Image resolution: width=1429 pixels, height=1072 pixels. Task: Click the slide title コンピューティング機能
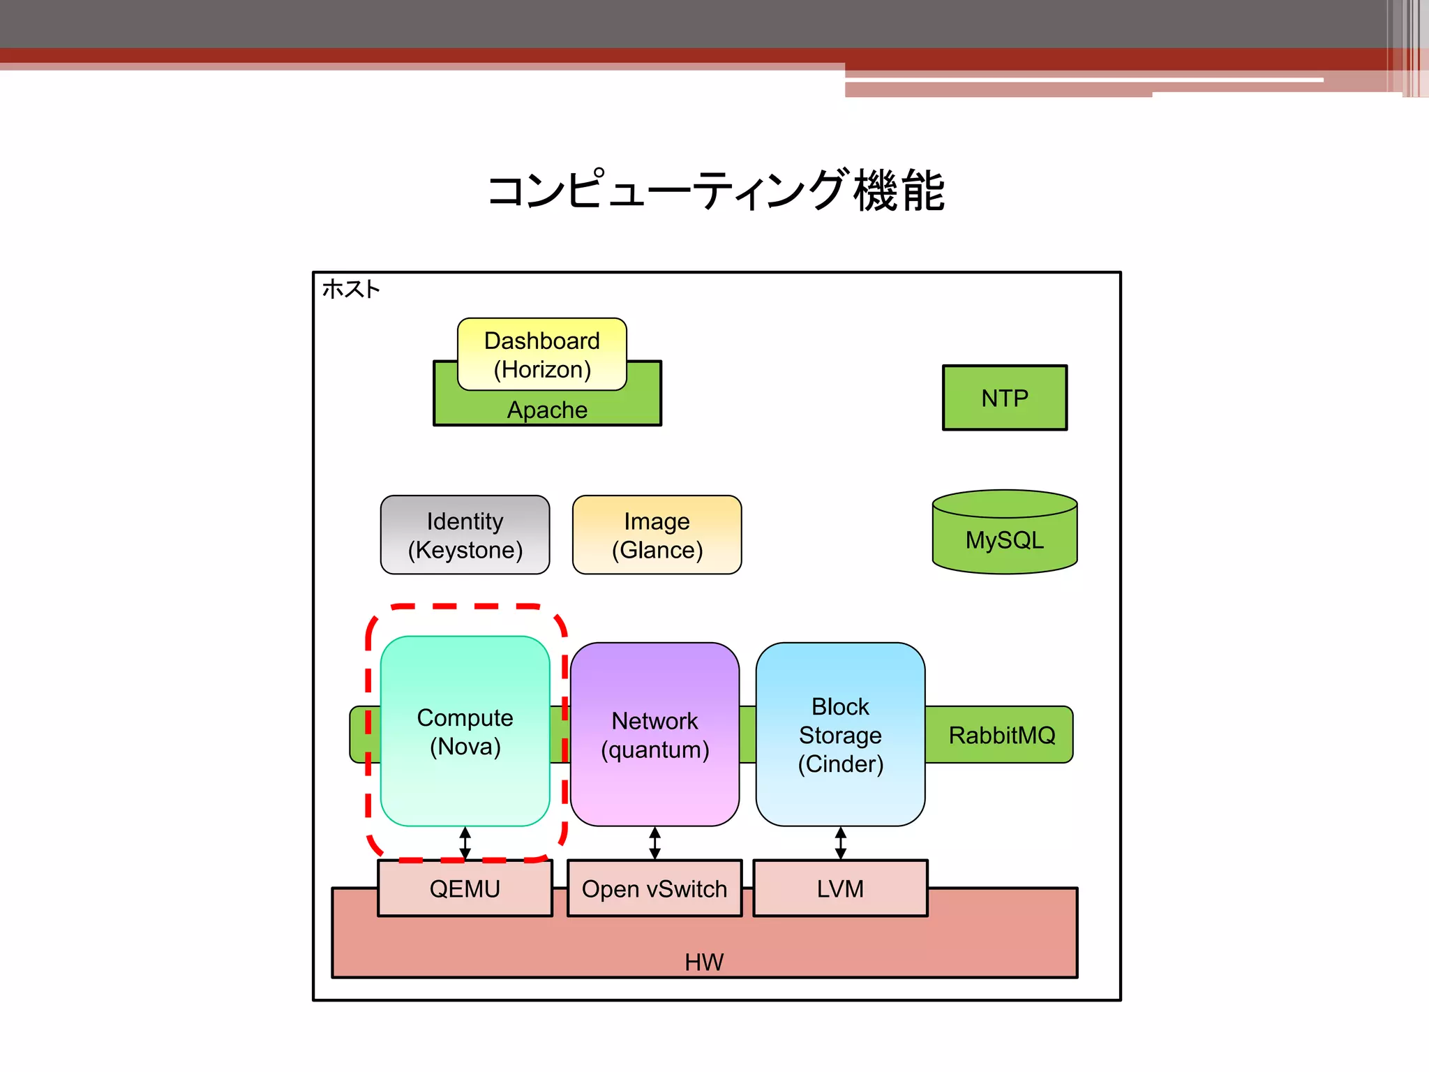[716, 190]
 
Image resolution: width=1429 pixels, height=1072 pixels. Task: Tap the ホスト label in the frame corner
[351, 289]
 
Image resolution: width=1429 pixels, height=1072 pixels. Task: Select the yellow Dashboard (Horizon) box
[541, 355]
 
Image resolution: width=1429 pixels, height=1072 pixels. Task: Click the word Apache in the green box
[547, 410]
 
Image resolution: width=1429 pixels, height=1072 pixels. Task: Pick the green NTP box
[1004, 398]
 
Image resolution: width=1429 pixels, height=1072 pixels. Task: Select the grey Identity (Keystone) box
[465, 535]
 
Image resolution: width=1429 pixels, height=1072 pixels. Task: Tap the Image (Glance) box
[657, 535]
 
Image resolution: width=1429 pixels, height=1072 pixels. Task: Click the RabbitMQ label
[1001, 735]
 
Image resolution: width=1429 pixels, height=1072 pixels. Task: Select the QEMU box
[465, 888]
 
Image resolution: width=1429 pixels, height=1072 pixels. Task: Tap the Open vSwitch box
[654, 888]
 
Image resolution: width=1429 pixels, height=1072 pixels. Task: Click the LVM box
[840, 888]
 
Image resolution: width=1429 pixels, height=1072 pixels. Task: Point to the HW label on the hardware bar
[704, 962]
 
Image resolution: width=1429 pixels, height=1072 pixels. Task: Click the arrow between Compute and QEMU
[465, 843]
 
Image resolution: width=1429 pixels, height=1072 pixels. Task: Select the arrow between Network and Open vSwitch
[654, 843]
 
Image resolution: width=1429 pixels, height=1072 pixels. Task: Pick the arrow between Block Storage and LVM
[840, 843]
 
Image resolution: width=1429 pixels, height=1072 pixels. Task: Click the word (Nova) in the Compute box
[465, 747]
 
